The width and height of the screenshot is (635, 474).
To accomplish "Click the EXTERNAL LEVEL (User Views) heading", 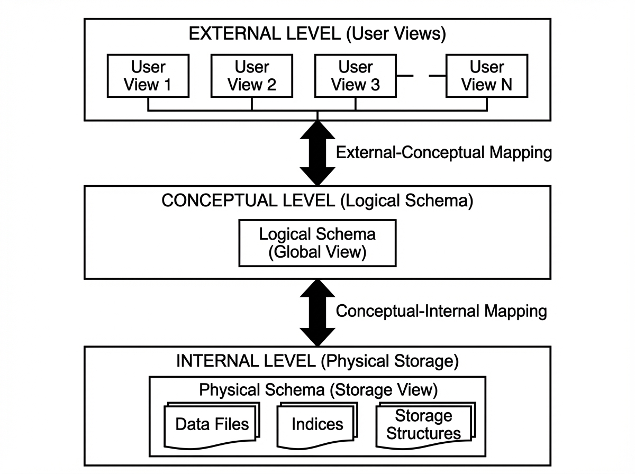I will (317, 34).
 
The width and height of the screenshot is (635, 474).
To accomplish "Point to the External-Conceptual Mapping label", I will (443, 153).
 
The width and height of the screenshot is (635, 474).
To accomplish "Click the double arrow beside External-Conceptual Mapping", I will (317, 153).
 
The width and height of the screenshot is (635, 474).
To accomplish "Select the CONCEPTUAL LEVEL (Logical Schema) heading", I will (317, 201).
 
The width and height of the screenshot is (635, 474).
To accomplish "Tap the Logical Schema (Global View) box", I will (317, 243).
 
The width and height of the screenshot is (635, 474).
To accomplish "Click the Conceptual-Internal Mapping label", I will (441, 311).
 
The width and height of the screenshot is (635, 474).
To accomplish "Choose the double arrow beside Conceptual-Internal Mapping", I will (317, 311).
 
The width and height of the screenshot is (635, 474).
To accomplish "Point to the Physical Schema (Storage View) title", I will (317, 390).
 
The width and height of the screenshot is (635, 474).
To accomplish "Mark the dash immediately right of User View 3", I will (405, 76).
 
